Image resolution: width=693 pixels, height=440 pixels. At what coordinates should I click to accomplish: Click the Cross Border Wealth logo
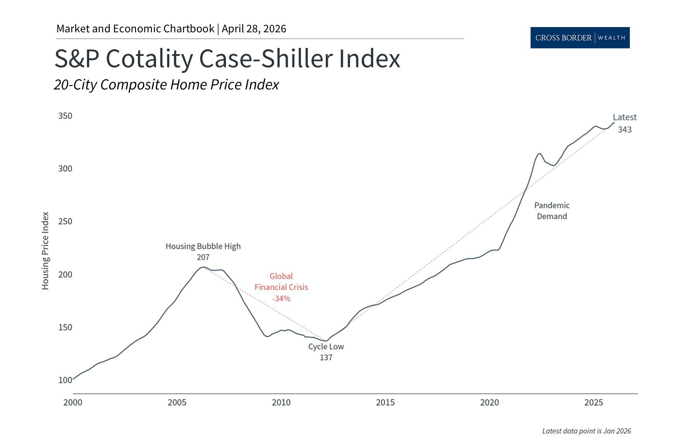(x=580, y=38)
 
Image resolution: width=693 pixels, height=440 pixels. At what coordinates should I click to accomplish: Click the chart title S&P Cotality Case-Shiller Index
(x=227, y=58)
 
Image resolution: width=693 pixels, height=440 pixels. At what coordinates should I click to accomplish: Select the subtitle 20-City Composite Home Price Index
(x=166, y=85)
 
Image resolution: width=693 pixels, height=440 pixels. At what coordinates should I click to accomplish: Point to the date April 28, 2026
(x=254, y=29)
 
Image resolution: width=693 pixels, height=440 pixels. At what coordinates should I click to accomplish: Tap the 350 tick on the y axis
(x=65, y=116)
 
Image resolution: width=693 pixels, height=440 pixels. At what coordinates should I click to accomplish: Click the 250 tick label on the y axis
(x=65, y=221)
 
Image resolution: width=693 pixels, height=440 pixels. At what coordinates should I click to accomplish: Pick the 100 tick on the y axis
(x=65, y=380)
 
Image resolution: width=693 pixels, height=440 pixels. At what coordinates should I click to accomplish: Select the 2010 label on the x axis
(x=281, y=402)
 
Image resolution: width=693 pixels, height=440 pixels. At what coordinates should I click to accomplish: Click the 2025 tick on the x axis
(x=593, y=402)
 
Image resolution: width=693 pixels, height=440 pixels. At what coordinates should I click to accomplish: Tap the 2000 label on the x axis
(x=73, y=402)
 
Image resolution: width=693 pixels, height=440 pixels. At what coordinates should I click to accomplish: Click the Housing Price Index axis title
(x=45, y=251)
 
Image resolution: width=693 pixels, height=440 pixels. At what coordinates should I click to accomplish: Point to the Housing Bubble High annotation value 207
(x=203, y=257)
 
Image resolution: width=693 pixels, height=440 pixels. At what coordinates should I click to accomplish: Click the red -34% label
(x=281, y=298)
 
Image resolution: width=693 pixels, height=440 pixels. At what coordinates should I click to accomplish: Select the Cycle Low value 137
(x=326, y=357)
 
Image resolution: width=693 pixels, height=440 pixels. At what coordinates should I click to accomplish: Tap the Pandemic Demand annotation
(x=552, y=211)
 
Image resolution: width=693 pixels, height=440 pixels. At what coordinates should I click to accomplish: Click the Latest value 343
(x=624, y=129)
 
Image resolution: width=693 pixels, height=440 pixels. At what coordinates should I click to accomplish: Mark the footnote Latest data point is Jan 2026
(x=587, y=431)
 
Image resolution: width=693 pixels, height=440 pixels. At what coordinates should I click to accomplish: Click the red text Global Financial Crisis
(x=281, y=282)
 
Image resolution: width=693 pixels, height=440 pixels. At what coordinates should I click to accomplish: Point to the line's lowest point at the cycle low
(x=326, y=341)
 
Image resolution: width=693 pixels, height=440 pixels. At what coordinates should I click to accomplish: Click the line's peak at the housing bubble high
(x=203, y=267)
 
